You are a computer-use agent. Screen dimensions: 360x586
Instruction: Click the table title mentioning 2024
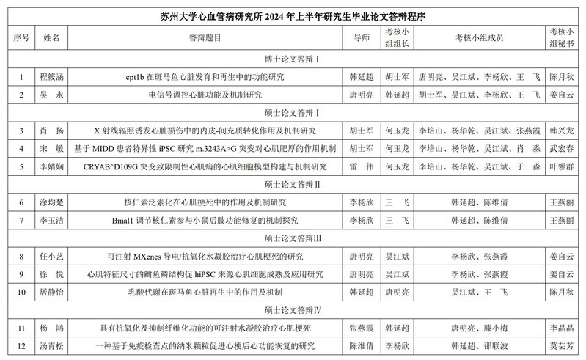293,14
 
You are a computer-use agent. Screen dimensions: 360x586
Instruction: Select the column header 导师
361,36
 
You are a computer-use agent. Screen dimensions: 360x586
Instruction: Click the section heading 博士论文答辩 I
293,57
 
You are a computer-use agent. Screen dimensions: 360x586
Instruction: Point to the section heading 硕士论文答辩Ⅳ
293,310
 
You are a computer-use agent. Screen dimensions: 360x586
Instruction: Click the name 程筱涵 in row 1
51,76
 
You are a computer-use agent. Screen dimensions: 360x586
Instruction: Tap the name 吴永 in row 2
51,95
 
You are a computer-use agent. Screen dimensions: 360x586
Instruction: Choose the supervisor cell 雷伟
361,166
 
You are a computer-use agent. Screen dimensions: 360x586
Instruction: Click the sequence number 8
21,257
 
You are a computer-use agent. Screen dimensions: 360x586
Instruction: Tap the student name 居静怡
51,293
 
